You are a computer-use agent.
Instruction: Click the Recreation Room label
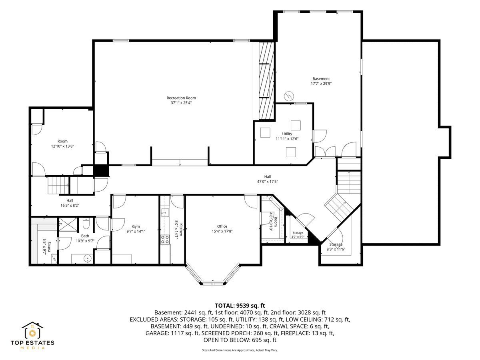(181, 98)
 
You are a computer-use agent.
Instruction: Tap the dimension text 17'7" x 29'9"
(321, 83)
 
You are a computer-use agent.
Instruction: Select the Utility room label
(287, 134)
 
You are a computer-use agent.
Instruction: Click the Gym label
(136, 226)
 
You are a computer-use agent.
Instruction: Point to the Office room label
(222, 226)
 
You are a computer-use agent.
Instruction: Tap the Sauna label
(49, 246)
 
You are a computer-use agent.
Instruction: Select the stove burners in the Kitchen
(165, 239)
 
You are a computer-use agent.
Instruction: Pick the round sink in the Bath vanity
(87, 259)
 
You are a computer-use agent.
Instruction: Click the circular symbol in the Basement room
(289, 96)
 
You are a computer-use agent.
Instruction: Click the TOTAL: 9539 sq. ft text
(240, 305)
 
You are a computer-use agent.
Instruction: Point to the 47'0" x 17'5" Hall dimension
(268, 182)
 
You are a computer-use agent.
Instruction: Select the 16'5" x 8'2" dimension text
(70, 205)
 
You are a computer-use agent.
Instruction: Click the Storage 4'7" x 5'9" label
(298, 234)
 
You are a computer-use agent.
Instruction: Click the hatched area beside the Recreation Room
(266, 81)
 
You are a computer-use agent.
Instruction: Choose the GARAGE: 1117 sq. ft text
(172, 333)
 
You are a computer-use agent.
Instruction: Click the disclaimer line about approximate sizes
(240, 350)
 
